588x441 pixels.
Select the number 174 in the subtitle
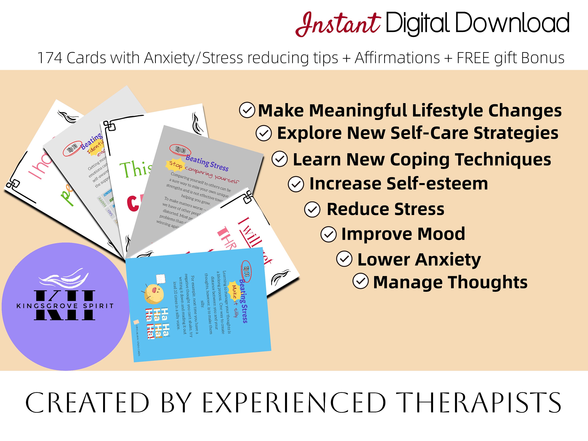tap(50, 58)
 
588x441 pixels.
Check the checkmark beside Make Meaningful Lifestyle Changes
tap(247, 110)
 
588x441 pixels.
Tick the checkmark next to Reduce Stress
tap(312, 210)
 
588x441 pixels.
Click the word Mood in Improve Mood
tap(441, 234)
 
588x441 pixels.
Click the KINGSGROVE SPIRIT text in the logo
tap(65, 306)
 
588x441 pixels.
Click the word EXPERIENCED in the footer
tap(294, 403)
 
